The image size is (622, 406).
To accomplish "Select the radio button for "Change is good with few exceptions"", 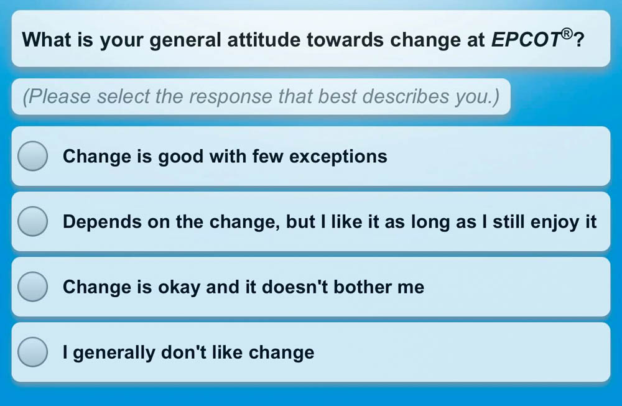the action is click(x=33, y=156).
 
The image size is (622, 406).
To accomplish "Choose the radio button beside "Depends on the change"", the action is click(x=33, y=221).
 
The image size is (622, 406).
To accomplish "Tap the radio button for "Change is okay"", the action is click(x=33, y=287).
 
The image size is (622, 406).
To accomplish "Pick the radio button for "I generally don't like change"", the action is click(x=33, y=352).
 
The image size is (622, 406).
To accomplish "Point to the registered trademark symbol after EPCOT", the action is click(x=567, y=34).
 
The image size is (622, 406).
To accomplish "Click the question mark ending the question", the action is click(x=579, y=40).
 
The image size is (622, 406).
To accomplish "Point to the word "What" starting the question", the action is click(x=47, y=40).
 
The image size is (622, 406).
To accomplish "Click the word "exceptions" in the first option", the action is click(x=338, y=157).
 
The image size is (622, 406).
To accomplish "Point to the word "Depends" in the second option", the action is click(x=102, y=222).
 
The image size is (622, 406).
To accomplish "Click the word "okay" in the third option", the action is click(x=179, y=287).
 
